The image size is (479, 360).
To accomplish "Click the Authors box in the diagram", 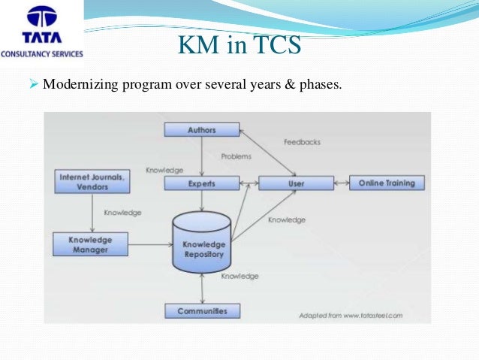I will coord(201,129).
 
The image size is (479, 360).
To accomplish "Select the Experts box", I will coord(201,183).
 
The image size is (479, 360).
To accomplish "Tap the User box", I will coord(296,183).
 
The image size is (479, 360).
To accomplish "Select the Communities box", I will coord(202,310).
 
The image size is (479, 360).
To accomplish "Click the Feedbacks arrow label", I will coord(303,142).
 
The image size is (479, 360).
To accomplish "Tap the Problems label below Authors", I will coord(236,156).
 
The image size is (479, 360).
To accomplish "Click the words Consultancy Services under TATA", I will coord(42,54).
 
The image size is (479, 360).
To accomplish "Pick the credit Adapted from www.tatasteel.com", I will coord(350,315).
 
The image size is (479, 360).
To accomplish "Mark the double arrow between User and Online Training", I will coord(342,183).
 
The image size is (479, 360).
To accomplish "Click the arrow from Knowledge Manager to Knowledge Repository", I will coord(149,244).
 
